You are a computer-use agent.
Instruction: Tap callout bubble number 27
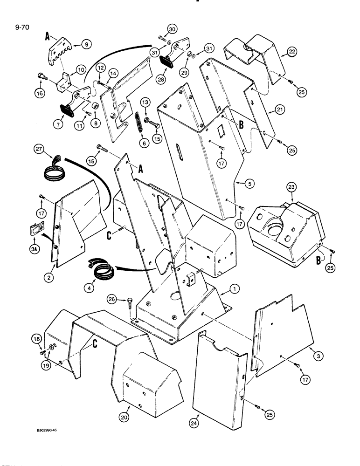tap(39, 150)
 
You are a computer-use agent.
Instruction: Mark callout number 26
tap(110, 299)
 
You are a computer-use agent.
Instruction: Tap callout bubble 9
tap(85, 44)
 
